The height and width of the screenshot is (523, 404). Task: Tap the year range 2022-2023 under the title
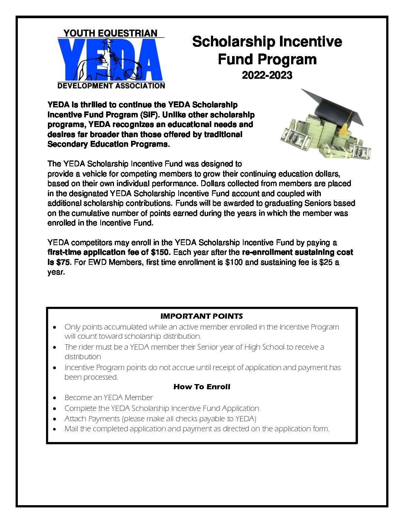267,75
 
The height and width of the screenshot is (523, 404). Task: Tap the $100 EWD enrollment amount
234,262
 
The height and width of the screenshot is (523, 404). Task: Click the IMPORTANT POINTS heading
202,316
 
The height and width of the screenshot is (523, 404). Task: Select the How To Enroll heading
202,387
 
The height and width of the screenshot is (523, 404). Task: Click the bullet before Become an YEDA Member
55,398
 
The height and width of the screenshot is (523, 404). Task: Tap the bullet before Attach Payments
55,419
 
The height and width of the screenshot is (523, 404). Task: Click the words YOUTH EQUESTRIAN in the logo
110,33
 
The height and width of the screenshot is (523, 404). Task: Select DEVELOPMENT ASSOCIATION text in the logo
111,86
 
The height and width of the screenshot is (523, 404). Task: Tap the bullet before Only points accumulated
55,327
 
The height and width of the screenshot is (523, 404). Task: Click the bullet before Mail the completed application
55,429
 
